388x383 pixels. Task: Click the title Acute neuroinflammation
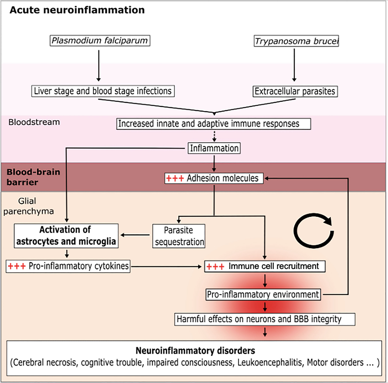[77, 10]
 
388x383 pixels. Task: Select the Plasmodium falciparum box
[100, 40]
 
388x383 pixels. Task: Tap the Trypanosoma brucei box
[296, 41]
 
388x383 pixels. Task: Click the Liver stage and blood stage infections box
[103, 91]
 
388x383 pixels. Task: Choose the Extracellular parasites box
[295, 91]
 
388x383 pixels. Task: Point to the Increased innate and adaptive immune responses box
[213, 124]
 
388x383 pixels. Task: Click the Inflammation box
[214, 148]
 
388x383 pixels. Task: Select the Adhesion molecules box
[214, 178]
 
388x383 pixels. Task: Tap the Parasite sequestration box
[179, 236]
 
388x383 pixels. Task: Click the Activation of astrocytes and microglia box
[66, 236]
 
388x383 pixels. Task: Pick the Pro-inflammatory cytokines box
[68, 266]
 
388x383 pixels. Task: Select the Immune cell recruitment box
[264, 266]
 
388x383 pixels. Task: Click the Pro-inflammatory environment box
[263, 295]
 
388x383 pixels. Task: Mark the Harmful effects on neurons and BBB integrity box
[264, 319]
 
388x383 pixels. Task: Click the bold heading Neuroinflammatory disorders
[195, 351]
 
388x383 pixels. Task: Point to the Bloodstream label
[34, 122]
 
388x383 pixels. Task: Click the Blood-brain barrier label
[33, 177]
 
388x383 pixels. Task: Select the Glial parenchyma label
[28, 206]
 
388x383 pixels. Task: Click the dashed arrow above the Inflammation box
[214, 136]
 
